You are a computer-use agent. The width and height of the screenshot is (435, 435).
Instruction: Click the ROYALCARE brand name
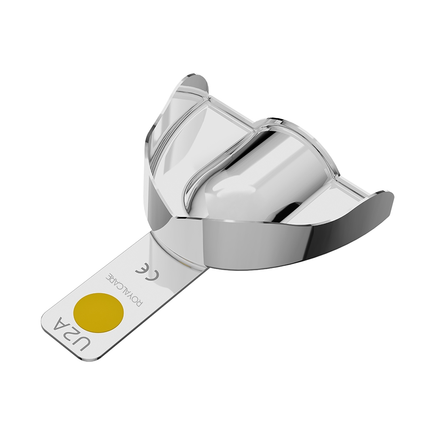(x=122, y=290)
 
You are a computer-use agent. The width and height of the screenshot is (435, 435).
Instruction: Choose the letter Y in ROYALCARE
(x=130, y=297)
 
